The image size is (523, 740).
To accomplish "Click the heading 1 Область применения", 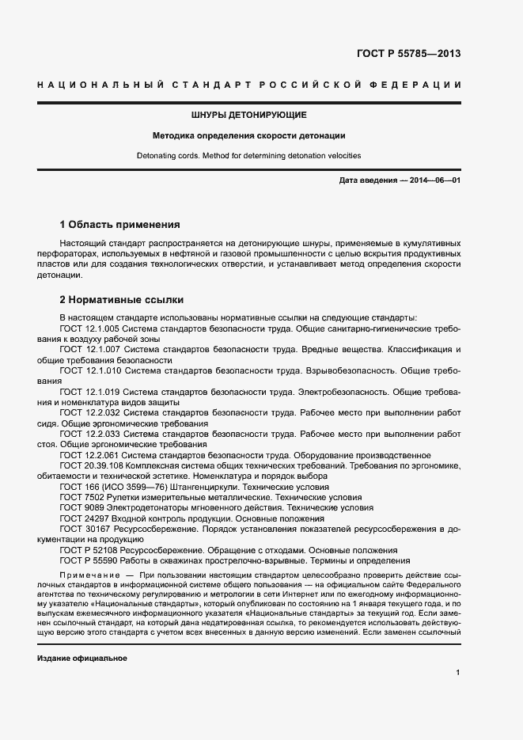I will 120,224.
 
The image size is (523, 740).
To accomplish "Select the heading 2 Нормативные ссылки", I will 122,300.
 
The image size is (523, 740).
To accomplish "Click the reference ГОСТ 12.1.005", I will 89,328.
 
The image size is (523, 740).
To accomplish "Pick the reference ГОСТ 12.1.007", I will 89,349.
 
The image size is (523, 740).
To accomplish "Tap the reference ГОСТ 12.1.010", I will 89,370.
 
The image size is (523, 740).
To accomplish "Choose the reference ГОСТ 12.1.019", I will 89,392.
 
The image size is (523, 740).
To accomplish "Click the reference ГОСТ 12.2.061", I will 89,455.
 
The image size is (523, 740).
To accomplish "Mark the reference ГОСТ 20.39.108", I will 91,466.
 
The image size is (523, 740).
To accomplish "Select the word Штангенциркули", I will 202,488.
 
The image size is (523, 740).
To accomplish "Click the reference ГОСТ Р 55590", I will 88,561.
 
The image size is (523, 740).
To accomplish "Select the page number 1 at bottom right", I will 458,673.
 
